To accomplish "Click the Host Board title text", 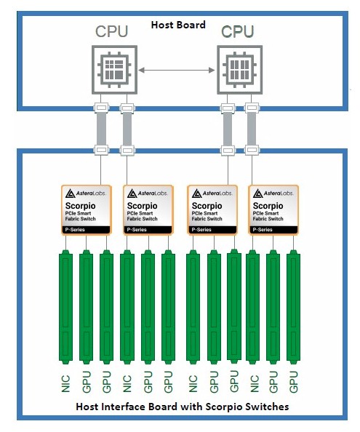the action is [178, 25].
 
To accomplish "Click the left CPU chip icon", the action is [114, 70].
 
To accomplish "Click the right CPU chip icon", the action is [239, 70].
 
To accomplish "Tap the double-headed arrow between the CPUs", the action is [177, 71].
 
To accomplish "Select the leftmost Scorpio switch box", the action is [87, 210].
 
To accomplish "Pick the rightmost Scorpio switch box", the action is [273, 210].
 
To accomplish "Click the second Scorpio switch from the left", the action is [148, 210].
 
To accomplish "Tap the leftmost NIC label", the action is [65, 383].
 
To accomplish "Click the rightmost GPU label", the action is [294, 382].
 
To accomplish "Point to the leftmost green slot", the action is [66, 307].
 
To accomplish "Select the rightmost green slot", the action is [293, 307].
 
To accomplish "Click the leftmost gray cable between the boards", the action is [101, 129].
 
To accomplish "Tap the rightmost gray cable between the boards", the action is [252, 129].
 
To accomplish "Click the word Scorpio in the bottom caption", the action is [224, 407].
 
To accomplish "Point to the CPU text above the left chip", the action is [112, 31].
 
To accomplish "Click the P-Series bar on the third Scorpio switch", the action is [212, 230].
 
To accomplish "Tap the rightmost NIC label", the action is [255, 383].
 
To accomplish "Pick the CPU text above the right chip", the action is [237, 31].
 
